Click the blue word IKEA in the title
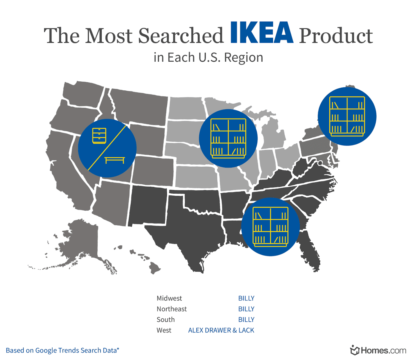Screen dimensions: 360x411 point(262,33)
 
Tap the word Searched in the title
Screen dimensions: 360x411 point(181,36)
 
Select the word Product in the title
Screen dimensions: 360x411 point(336,36)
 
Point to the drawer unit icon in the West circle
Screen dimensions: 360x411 point(99,136)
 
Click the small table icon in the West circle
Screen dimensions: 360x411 point(115,160)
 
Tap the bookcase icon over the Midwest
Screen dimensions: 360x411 point(228,138)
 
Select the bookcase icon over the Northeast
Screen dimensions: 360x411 point(347,116)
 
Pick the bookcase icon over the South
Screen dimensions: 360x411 point(270,227)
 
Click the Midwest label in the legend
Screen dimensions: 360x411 point(169,298)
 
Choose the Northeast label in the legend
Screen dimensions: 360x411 point(171,309)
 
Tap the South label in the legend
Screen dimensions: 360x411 point(166,320)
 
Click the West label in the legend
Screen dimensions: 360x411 point(164,330)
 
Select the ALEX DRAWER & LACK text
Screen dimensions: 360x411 point(221,330)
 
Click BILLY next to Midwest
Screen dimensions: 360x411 point(246,298)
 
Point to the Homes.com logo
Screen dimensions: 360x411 point(378,350)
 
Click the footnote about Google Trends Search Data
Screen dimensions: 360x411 point(62,350)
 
